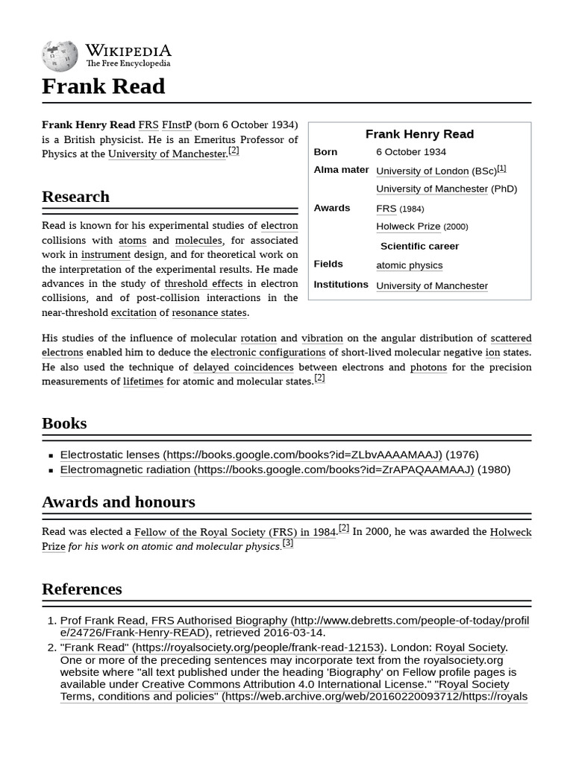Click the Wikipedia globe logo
click(x=60, y=57)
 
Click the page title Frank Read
click(x=103, y=86)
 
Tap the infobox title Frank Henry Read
click(x=419, y=134)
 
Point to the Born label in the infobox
click(x=325, y=152)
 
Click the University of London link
click(x=422, y=171)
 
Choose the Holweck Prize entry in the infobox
click(x=408, y=227)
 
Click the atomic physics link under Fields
click(x=409, y=265)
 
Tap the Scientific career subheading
click(x=419, y=246)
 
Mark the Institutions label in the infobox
click(x=341, y=285)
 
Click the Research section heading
click(x=75, y=197)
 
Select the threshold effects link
click(x=203, y=283)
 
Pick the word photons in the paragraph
click(x=428, y=367)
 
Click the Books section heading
click(x=64, y=423)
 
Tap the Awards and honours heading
click(x=118, y=502)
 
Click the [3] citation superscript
click(x=287, y=543)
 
